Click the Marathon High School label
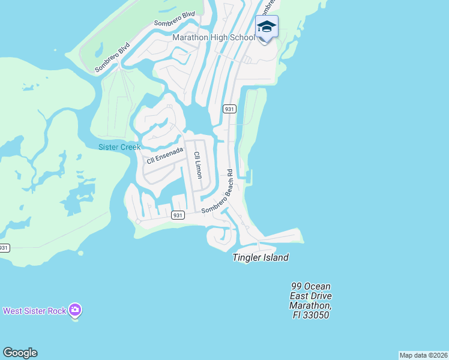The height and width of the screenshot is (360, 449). [x=213, y=37]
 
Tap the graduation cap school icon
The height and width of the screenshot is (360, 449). [x=267, y=27]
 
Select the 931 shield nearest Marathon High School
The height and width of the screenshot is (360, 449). [x=229, y=109]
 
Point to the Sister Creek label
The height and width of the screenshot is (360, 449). [x=119, y=147]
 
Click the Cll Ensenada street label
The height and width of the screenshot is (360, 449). [x=164, y=155]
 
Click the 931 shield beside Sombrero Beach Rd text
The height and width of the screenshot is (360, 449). [x=177, y=215]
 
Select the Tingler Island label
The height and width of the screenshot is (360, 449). [x=261, y=257]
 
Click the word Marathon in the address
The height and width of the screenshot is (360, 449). [x=310, y=305]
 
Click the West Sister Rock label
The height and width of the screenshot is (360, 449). [x=34, y=311]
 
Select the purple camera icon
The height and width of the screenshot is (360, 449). [x=75, y=310]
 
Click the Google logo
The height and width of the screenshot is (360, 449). [x=20, y=353]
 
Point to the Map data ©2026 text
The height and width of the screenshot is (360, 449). [x=423, y=355]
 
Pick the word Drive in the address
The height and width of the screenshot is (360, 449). [x=320, y=296]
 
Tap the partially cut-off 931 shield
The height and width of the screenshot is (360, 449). [x=3, y=248]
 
